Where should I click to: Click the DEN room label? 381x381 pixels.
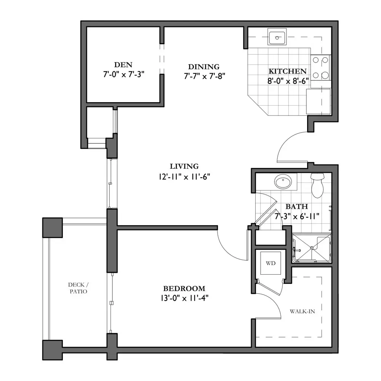pyautogui.click(x=123, y=65)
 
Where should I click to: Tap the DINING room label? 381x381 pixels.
pyautogui.click(x=203, y=67)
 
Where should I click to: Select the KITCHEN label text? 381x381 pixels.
pyautogui.click(x=287, y=71)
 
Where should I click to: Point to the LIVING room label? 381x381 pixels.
pyautogui.click(x=184, y=166)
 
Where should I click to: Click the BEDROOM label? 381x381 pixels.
pyautogui.click(x=184, y=288)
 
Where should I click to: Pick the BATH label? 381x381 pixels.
pyautogui.click(x=297, y=207)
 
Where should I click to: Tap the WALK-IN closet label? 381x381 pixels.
pyautogui.click(x=302, y=311)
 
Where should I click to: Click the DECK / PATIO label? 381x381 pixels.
pyautogui.click(x=78, y=288)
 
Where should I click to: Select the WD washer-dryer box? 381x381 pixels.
pyautogui.click(x=271, y=263)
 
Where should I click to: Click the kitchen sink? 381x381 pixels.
pyautogui.click(x=277, y=37)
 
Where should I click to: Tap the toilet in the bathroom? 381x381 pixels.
pyautogui.click(x=317, y=185)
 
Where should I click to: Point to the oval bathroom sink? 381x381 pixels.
pyautogui.click(x=283, y=181)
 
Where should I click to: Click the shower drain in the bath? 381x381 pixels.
pyautogui.click(x=311, y=248)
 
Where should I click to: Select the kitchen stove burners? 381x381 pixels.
pyautogui.click(x=320, y=68)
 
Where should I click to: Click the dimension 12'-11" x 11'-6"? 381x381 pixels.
pyautogui.click(x=184, y=177)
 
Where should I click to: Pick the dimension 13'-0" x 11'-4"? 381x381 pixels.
pyautogui.click(x=184, y=298)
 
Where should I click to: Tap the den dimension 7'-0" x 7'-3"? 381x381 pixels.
pyautogui.click(x=124, y=74)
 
